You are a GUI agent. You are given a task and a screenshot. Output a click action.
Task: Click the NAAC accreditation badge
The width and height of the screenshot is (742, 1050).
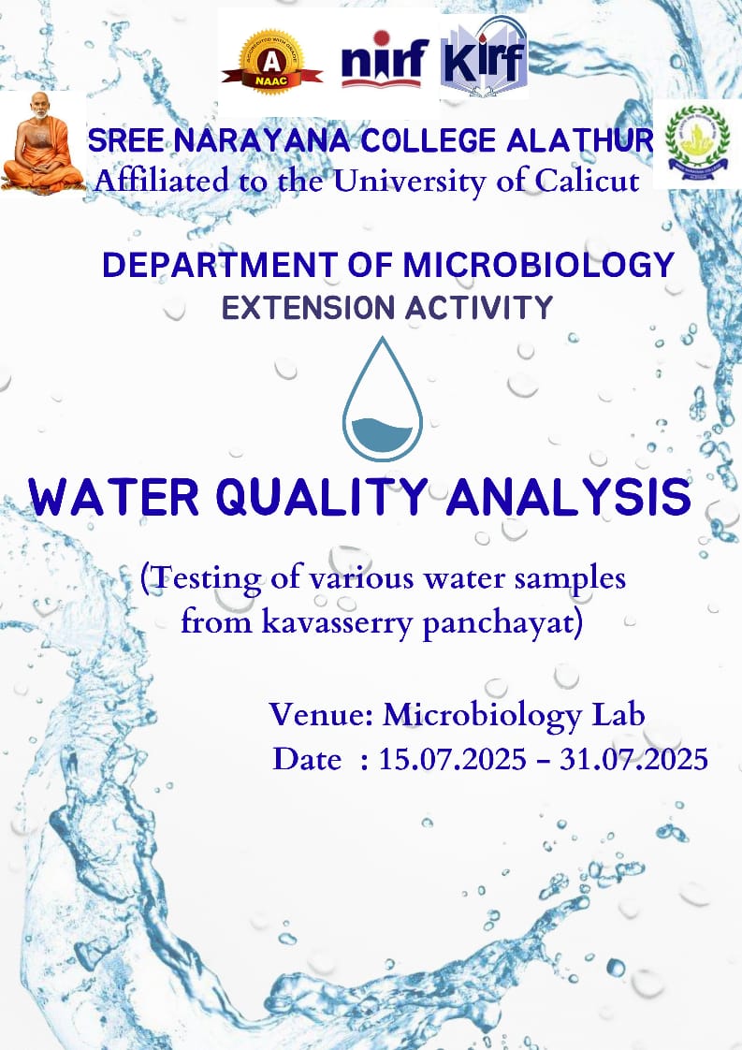pyautogui.click(x=272, y=63)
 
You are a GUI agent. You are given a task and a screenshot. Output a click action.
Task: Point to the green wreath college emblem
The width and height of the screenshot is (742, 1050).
pyautogui.click(x=697, y=140)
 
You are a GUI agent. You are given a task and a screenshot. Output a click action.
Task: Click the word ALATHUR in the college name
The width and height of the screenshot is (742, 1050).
pyautogui.click(x=579, y=140)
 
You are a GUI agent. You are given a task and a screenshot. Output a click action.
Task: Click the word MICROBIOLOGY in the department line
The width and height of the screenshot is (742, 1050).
pyautogui.click(x=538, y=265)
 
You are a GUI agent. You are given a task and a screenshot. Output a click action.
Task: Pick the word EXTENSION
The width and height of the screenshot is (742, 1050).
pyautogui.click(x=308, y=308)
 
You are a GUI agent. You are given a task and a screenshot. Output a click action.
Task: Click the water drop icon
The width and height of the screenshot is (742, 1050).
pyautogui.click(x=383, y=399)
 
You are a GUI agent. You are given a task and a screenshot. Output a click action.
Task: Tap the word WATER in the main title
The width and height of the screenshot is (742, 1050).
pyautogui.click(x=114, y=497)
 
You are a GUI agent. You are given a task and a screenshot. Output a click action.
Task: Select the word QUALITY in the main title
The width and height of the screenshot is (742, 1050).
pyautogui.click(x=322, y=497)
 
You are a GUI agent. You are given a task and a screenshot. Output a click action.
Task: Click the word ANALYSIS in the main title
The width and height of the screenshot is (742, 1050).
pyautogui.click(x=569, y=497)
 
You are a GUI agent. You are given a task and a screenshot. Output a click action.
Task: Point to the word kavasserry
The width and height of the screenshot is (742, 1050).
pyautogui.click(x=337, y=622)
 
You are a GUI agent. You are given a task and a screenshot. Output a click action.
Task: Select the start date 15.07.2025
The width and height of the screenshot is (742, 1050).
pyautogui.click(x=453, y=759)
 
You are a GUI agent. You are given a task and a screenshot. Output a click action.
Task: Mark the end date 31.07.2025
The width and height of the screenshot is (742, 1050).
pyautogui.click(x=633, y=759)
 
